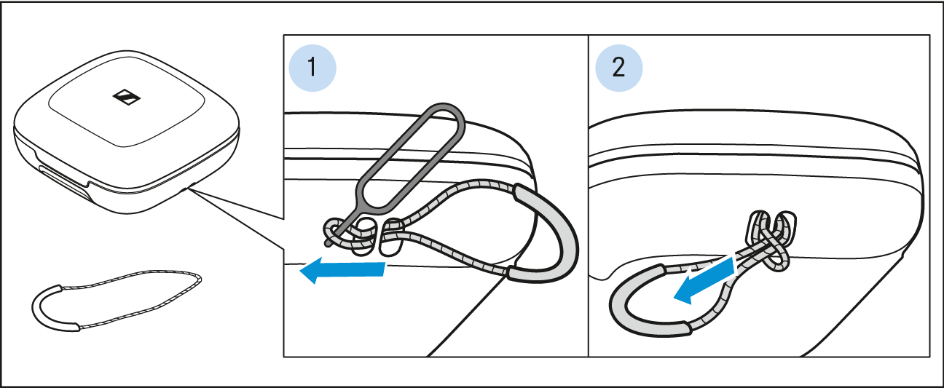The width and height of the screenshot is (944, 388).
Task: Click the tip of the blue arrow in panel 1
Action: pyautogui.click(x=299, y=271)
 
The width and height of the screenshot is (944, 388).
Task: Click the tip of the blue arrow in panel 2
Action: pyautogui.click(x=674, y=298)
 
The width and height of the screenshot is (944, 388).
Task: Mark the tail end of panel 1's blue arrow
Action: pyautogui.click(x=385, y=269)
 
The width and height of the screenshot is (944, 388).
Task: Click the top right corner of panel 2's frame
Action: pyautogui.click(x=929, y=35)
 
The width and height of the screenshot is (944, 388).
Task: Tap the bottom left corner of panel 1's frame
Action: pyautogui.click(x=283, y=357)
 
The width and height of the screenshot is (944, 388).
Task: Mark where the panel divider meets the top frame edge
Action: pyautogui.click(x=589, y=35)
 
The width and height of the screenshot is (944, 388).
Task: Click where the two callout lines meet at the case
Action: pyautogui.click(x=189, y=189)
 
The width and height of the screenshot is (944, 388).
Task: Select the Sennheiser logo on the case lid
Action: pyautogui.click(x=126, y=97)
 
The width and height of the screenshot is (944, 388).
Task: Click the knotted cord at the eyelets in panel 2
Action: pyautogui.click(x=772, y=241)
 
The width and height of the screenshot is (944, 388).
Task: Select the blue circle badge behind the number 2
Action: pyautogui.click(x=618, y=68)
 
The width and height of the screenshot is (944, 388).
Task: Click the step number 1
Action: pyautogui.click(x=312, y=68)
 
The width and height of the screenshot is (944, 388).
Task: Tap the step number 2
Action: pyautogui.click(x=618, y=68)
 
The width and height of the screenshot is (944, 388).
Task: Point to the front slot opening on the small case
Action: pyautogui.click(x=66, y=181)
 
